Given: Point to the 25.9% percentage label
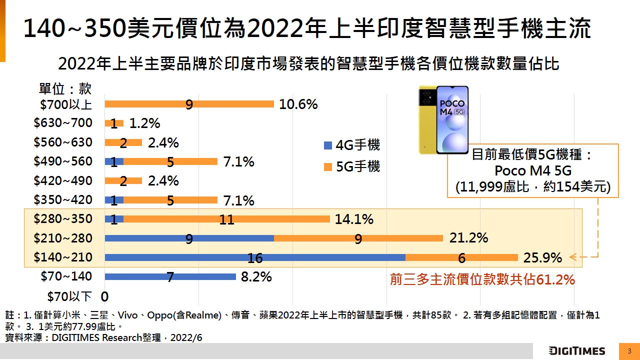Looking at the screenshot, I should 542,258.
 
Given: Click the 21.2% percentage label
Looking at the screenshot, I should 468,238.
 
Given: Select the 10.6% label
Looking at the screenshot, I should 298,104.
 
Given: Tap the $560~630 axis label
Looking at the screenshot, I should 63,142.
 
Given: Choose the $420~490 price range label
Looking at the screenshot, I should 63,180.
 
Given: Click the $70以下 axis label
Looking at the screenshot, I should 69,296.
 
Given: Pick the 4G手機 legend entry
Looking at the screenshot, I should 352,145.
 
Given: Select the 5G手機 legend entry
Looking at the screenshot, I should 352,166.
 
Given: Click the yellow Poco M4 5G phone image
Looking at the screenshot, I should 443,119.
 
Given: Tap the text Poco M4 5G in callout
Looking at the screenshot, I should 532,170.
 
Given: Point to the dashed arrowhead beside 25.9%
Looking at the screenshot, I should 573,257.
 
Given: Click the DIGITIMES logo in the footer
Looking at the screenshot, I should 576,351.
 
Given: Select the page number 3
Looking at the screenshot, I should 629,351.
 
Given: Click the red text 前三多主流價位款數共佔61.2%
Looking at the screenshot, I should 482,280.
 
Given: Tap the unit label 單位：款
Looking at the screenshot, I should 65,89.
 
